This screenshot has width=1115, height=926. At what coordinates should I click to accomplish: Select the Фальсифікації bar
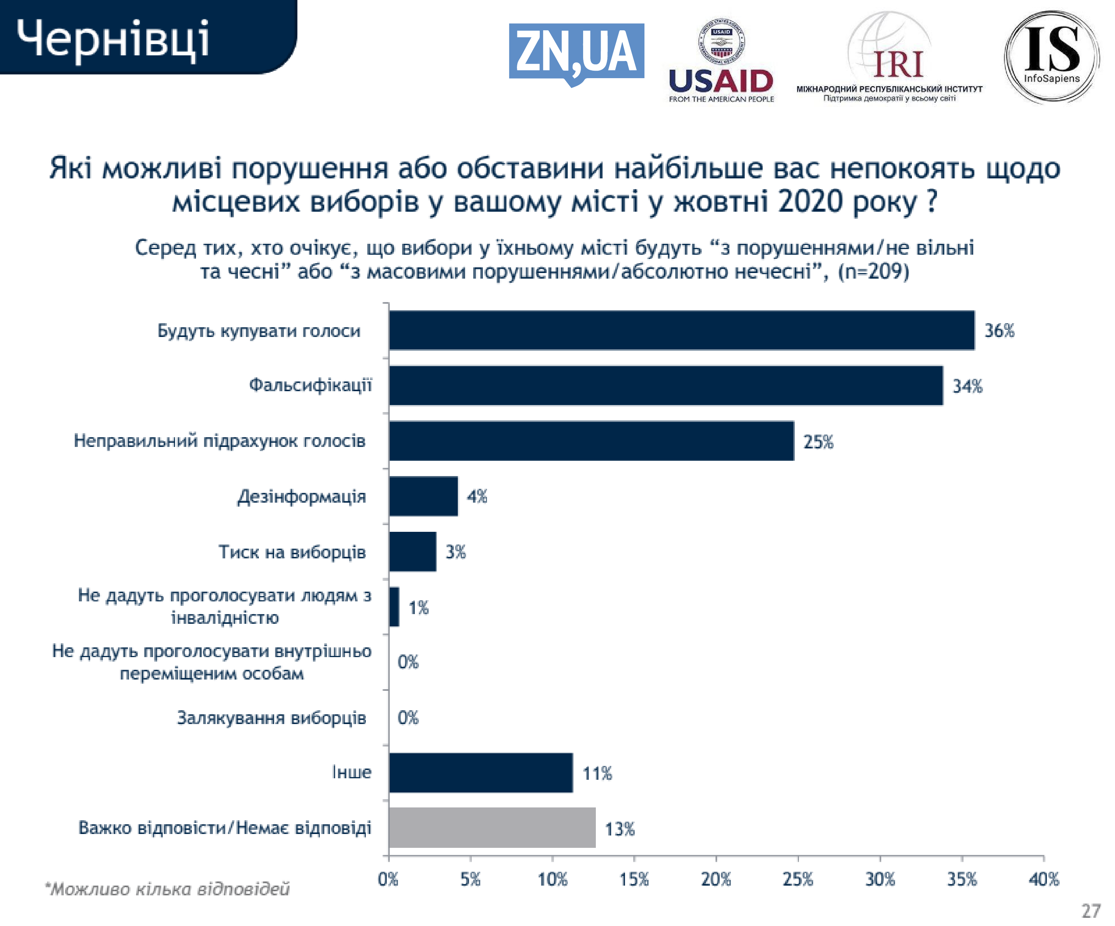point(665,386)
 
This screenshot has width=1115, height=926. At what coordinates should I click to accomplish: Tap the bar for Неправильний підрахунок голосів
point(591,441)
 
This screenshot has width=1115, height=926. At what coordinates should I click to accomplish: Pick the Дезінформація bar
point(423,496)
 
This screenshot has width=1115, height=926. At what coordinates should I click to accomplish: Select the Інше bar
point(481,773)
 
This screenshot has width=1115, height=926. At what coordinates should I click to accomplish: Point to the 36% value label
point(999,331)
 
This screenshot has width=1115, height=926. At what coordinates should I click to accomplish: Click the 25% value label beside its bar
point(818,442)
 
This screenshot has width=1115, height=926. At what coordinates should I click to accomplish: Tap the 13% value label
point(620,829)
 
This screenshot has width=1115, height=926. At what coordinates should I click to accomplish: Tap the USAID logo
point(721,61)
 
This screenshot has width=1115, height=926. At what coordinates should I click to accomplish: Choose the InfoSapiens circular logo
point(1051,56)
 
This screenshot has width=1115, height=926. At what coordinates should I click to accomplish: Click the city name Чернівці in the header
point(113,39)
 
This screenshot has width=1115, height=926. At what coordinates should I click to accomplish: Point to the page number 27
point(1091,911)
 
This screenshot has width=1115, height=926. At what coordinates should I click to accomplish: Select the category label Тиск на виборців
point(292,552)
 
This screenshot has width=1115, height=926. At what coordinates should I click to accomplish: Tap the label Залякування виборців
point(271,718)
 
